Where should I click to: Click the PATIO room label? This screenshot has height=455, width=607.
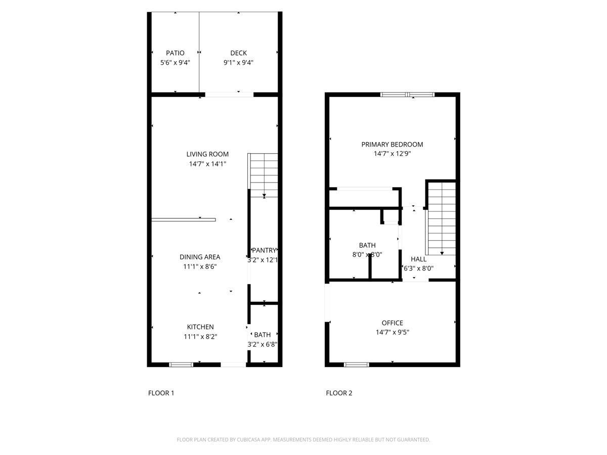point(175,53)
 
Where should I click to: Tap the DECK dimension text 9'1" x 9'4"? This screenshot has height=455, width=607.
point(238,63)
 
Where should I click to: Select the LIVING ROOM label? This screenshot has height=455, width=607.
point(207,154)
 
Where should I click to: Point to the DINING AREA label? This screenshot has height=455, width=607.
point(200,257)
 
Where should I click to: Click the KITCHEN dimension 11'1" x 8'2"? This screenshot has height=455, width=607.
point(200,336)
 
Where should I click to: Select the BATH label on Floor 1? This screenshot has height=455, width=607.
point(263,335)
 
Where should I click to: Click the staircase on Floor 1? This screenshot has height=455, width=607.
point(264,174)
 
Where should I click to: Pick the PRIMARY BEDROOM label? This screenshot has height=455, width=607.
point(392,145)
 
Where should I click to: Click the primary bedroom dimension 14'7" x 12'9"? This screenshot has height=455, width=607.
point(392,154)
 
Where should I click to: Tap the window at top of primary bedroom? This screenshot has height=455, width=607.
point(407,94)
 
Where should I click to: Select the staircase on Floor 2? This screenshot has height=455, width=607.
point(442,218)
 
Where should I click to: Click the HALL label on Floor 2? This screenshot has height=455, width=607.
point(418,259)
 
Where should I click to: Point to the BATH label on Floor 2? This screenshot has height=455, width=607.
point(367,245)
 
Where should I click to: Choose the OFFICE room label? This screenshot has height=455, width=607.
point(392,323)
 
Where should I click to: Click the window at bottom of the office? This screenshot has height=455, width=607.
point(356,364)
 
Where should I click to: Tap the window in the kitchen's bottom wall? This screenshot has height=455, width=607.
point(181,364)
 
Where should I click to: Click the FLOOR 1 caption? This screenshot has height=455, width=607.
point(161,393)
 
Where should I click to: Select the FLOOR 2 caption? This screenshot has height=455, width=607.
point(339,393)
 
